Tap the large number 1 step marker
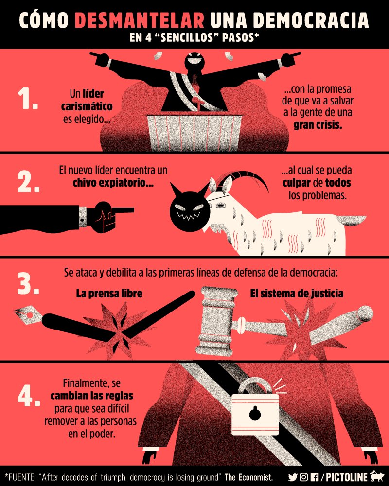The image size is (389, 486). click(x=27, y=100)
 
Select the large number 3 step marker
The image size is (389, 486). click(x=28, y=284)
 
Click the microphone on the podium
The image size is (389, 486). click(x=195, y=101)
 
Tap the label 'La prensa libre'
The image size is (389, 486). click(x=109, y=294)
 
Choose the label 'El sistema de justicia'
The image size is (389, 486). click(x=297, y=294)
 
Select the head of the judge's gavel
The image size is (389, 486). click(x=217, y=321)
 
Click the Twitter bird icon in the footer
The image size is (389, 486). click(x=293, y=476)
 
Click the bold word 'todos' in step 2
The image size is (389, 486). click(x=337, y=184)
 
